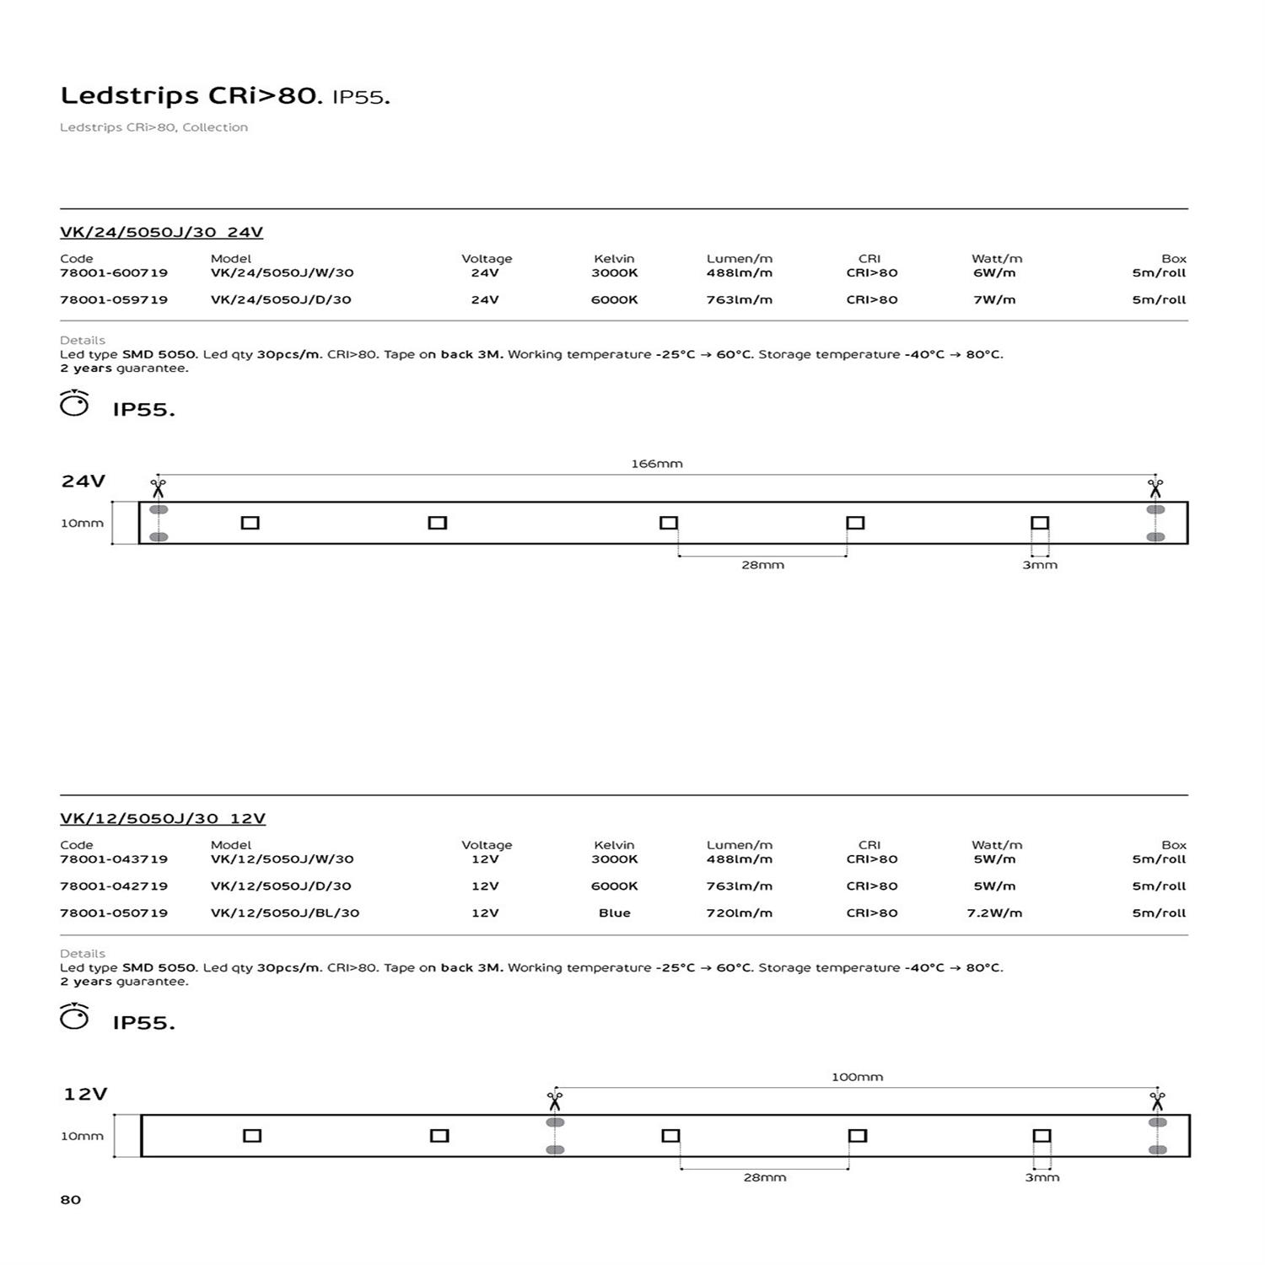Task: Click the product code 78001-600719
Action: coord(114,273)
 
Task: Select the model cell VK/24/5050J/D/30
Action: coord(281,300)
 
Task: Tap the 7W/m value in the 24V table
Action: coord(994,300)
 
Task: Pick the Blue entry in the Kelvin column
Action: coord(614,913)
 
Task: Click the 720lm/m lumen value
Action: coord(739,913)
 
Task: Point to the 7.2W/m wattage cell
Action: coord(994,913)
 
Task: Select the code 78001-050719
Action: coord(114,913)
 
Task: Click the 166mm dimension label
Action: coord(657,464)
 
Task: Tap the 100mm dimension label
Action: coord(857,1077)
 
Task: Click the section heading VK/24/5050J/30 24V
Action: coord(162,233)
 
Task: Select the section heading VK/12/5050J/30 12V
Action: coord(163,819)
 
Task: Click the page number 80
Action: coord(71,1200)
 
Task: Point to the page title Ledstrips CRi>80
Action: coord(191,96)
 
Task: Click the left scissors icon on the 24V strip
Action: coord(158,488)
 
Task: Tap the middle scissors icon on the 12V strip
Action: coord(554,1101)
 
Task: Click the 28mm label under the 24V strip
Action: coord(762,565)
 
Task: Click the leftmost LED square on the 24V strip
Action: coord(250,523)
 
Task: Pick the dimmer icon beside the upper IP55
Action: coord(74,404)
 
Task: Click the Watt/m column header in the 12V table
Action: coord(996,845)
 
